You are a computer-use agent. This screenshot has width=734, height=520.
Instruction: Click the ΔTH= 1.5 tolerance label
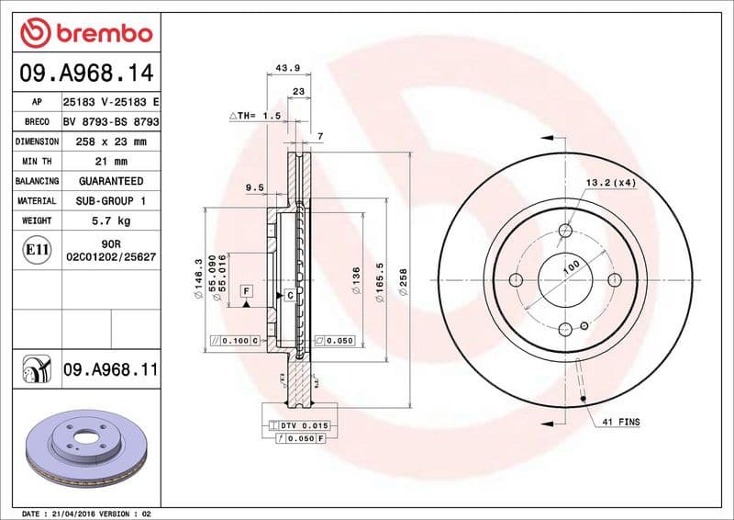(x=254, y=117)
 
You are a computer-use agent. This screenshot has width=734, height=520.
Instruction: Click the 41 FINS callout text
(x=621, y=422)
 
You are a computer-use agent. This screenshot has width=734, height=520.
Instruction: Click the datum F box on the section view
(x=246, y=291)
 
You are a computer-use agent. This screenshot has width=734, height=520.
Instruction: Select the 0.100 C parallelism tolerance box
(x=235, y=340)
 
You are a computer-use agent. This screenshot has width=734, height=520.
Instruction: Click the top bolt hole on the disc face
(x=565, y=230)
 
